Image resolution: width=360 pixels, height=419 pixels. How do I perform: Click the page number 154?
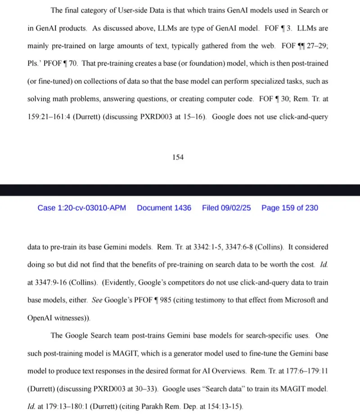tap(178, 158)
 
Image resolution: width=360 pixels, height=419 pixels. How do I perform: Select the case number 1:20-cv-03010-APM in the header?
tap(81, 208)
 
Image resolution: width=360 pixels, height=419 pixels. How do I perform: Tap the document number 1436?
tap(164, 208)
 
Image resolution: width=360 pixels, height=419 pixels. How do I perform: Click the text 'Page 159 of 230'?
tap(289, 208)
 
